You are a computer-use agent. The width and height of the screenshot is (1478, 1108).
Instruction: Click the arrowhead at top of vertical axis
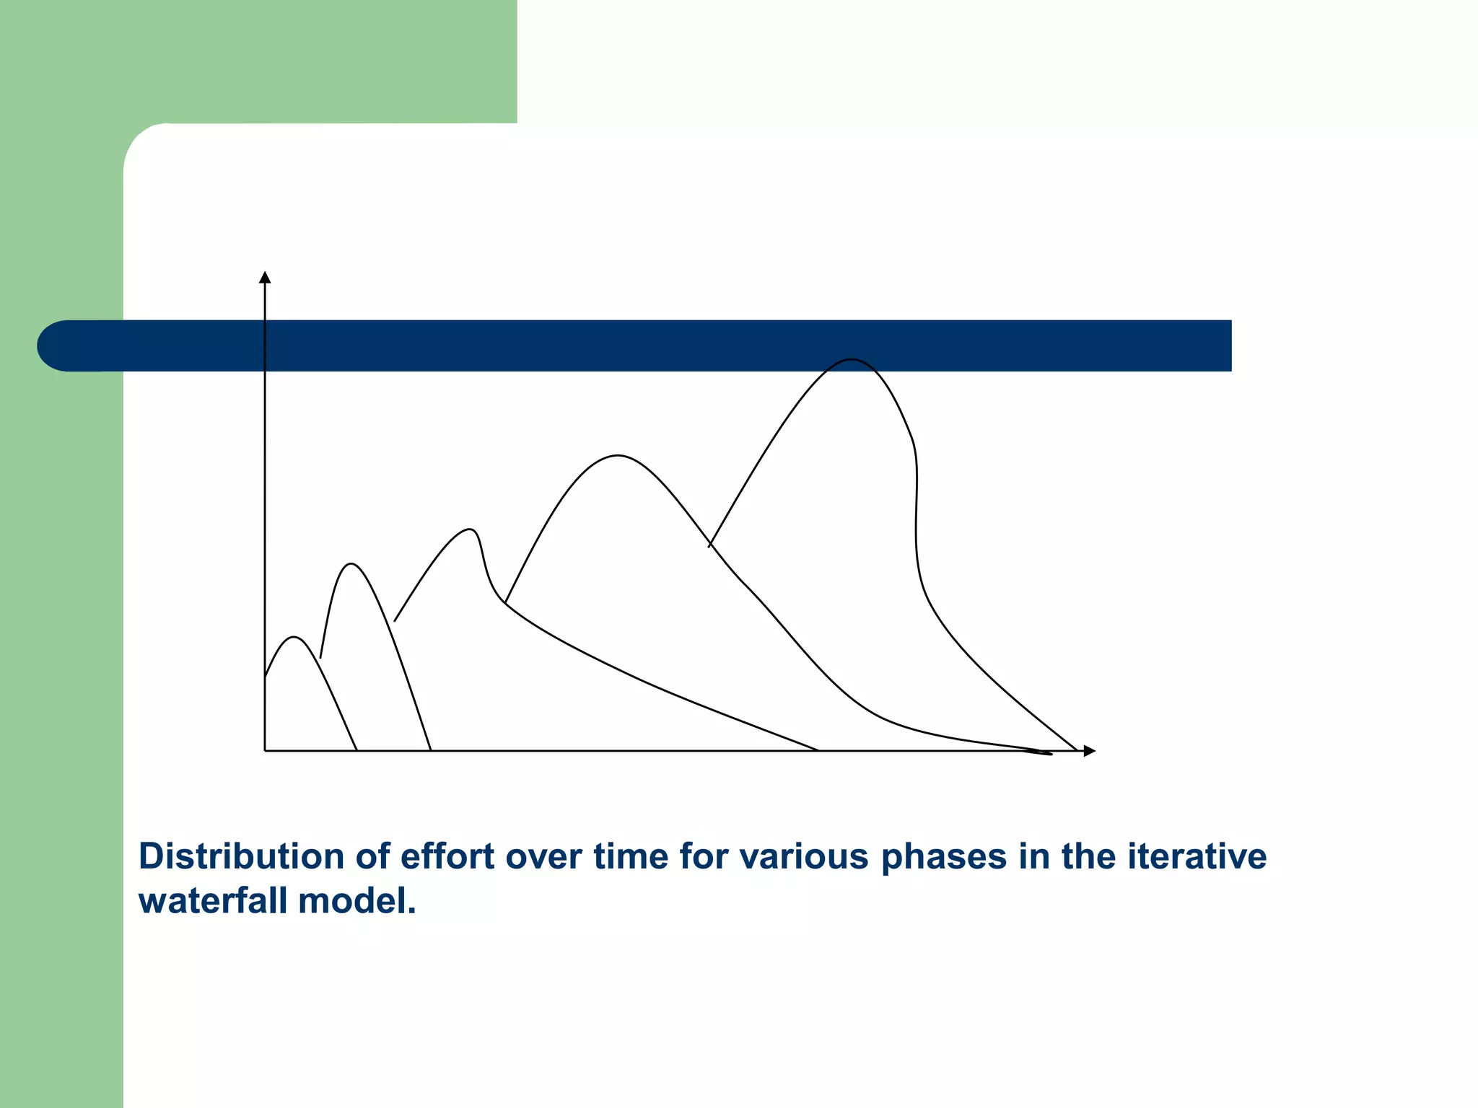(x=265, y=278)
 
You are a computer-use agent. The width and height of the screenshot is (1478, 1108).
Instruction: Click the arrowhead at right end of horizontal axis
(x=1089, y=751)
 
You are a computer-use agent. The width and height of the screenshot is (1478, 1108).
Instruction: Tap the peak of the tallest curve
(x=852, y=359)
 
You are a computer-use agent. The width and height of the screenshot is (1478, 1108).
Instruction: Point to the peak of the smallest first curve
(x=294, y=637)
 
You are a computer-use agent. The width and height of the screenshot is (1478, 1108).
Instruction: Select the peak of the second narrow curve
(x=351, y=563)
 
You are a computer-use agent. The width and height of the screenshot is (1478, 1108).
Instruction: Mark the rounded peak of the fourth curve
(x=618, y=456)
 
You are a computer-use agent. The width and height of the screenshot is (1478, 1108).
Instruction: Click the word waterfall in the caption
(x=213, y=901)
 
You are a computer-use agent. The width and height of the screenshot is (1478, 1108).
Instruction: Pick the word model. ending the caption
(x=357, y=901)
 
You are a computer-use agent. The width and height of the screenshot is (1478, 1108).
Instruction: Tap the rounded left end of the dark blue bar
(x=54, y=346)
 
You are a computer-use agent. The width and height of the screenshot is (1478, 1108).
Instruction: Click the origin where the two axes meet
(x=265, y=751)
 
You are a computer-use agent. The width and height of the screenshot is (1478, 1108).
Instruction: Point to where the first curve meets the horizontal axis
(x=357, y=750)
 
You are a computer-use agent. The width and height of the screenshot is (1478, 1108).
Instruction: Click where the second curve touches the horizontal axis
(x=431, y=750)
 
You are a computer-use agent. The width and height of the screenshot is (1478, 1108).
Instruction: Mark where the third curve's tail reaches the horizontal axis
(x=818, y=750)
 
